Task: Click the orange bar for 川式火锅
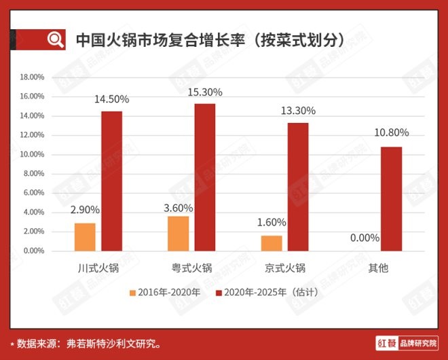click(85, 237)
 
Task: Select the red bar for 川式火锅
click(111, 181)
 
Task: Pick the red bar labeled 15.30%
click(204, 177)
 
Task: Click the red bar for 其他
click(390, 199)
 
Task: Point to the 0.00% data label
click(364, 238)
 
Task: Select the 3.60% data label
click(178, 208)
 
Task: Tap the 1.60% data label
click(272, 222)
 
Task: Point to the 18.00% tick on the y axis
click(32, 77)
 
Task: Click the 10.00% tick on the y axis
click(32, 154)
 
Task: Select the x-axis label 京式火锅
click(284, 268)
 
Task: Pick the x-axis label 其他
click(377, 268)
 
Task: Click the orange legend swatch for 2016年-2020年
click(133, 293)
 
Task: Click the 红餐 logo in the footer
click(385, 342)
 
